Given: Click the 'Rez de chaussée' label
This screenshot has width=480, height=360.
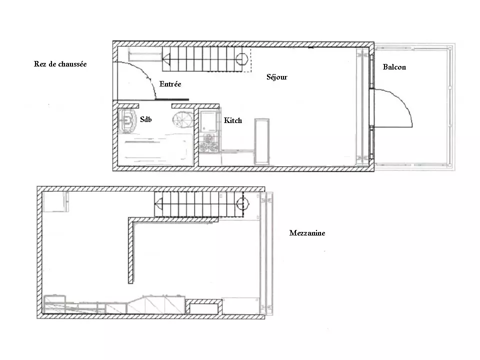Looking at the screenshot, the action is (x=60, y=64).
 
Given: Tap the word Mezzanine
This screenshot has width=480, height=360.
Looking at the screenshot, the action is (x=307, y=233).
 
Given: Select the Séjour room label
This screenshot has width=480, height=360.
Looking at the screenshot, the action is (x=276, y=77).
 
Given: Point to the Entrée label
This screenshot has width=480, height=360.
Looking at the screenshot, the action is (x=170, y=84).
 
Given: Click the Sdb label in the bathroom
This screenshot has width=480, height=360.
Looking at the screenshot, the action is (x=145, y=119).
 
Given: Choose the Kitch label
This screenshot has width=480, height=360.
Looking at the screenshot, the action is (x=232, y=120).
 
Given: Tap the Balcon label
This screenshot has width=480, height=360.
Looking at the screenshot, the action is (x=394, y=66).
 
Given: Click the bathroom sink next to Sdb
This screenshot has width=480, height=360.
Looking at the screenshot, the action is (x=126, y=120).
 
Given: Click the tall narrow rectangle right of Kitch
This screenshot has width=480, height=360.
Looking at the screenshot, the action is (x=261, y=141).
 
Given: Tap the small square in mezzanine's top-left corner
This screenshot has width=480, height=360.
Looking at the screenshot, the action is (x=55, y=201).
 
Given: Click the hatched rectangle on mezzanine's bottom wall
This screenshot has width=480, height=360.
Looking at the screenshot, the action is (x=203, y=307).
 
